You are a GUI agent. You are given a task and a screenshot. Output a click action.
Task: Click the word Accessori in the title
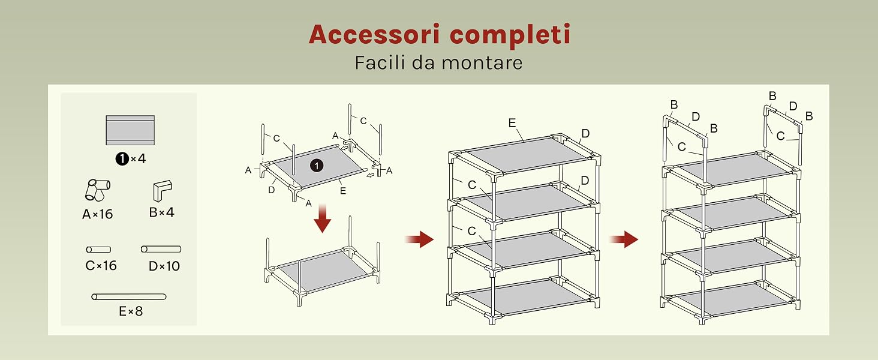pyautogui.click(x=375, y=34)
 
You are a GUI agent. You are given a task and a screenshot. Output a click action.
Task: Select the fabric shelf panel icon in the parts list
pyautogui.click(x=130, y=130)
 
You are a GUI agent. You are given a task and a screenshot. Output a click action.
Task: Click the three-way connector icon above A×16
pyautogui.click(x=98, y=190)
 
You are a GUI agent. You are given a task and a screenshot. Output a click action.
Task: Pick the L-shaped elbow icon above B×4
pyautogui.click(x=163, y=191)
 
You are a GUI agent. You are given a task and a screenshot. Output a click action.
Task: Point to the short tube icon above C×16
pyautogui.click(x=98, y=250)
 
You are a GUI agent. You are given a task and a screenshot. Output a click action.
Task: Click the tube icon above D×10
pyautogui.click(x=161, y=249)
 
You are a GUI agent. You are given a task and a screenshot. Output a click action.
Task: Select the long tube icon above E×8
pyautogui.click(x=129, y=296)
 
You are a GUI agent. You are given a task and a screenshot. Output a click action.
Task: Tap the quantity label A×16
pyautogui.click(x=98, y=214)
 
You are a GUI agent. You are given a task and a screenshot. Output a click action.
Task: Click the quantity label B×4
pyautogui.click(x=161, y=212)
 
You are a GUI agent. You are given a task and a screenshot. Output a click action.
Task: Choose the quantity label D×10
pyautogui.click(x=164, y=266)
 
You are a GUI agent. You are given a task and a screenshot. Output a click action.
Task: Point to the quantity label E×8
pyautogui.click(x=131, y=311)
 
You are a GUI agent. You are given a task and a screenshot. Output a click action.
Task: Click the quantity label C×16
pyautogui.click(x=101, y=265)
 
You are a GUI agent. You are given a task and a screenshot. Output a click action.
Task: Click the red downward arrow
pyautogui.click(x=323, y=218)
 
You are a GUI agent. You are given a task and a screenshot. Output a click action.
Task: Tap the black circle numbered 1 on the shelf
pyautogui.click(x=317, y=166)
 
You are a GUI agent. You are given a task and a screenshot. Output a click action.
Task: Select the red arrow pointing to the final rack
pyautogui.click(x=624, y=239)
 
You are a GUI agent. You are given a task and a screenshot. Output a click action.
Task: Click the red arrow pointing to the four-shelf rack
pyautogui.click(x=419, y=239)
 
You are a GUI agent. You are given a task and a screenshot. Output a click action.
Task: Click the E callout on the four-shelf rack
pyautogui.click(x=512, y=123)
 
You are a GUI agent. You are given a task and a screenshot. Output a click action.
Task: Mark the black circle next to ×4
pyautogui.click(x=122, y=159)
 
